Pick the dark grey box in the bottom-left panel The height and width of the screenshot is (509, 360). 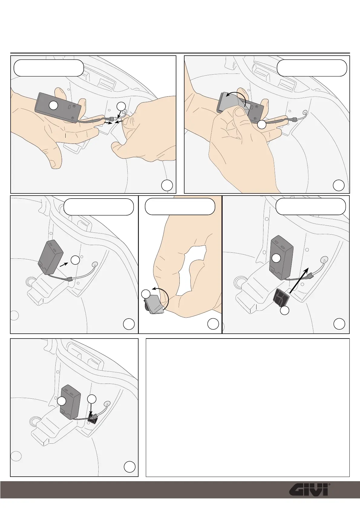click(x=70, y=402)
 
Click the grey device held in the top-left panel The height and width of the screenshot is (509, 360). click(x=58, y=108)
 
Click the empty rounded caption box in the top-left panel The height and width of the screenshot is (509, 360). click(x=49, y=68)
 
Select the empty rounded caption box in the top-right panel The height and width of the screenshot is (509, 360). click(x=312, y=68)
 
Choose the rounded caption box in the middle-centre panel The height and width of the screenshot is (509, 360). click(x=180, y=206)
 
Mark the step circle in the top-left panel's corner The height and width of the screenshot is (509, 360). click(x=167, y=186)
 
